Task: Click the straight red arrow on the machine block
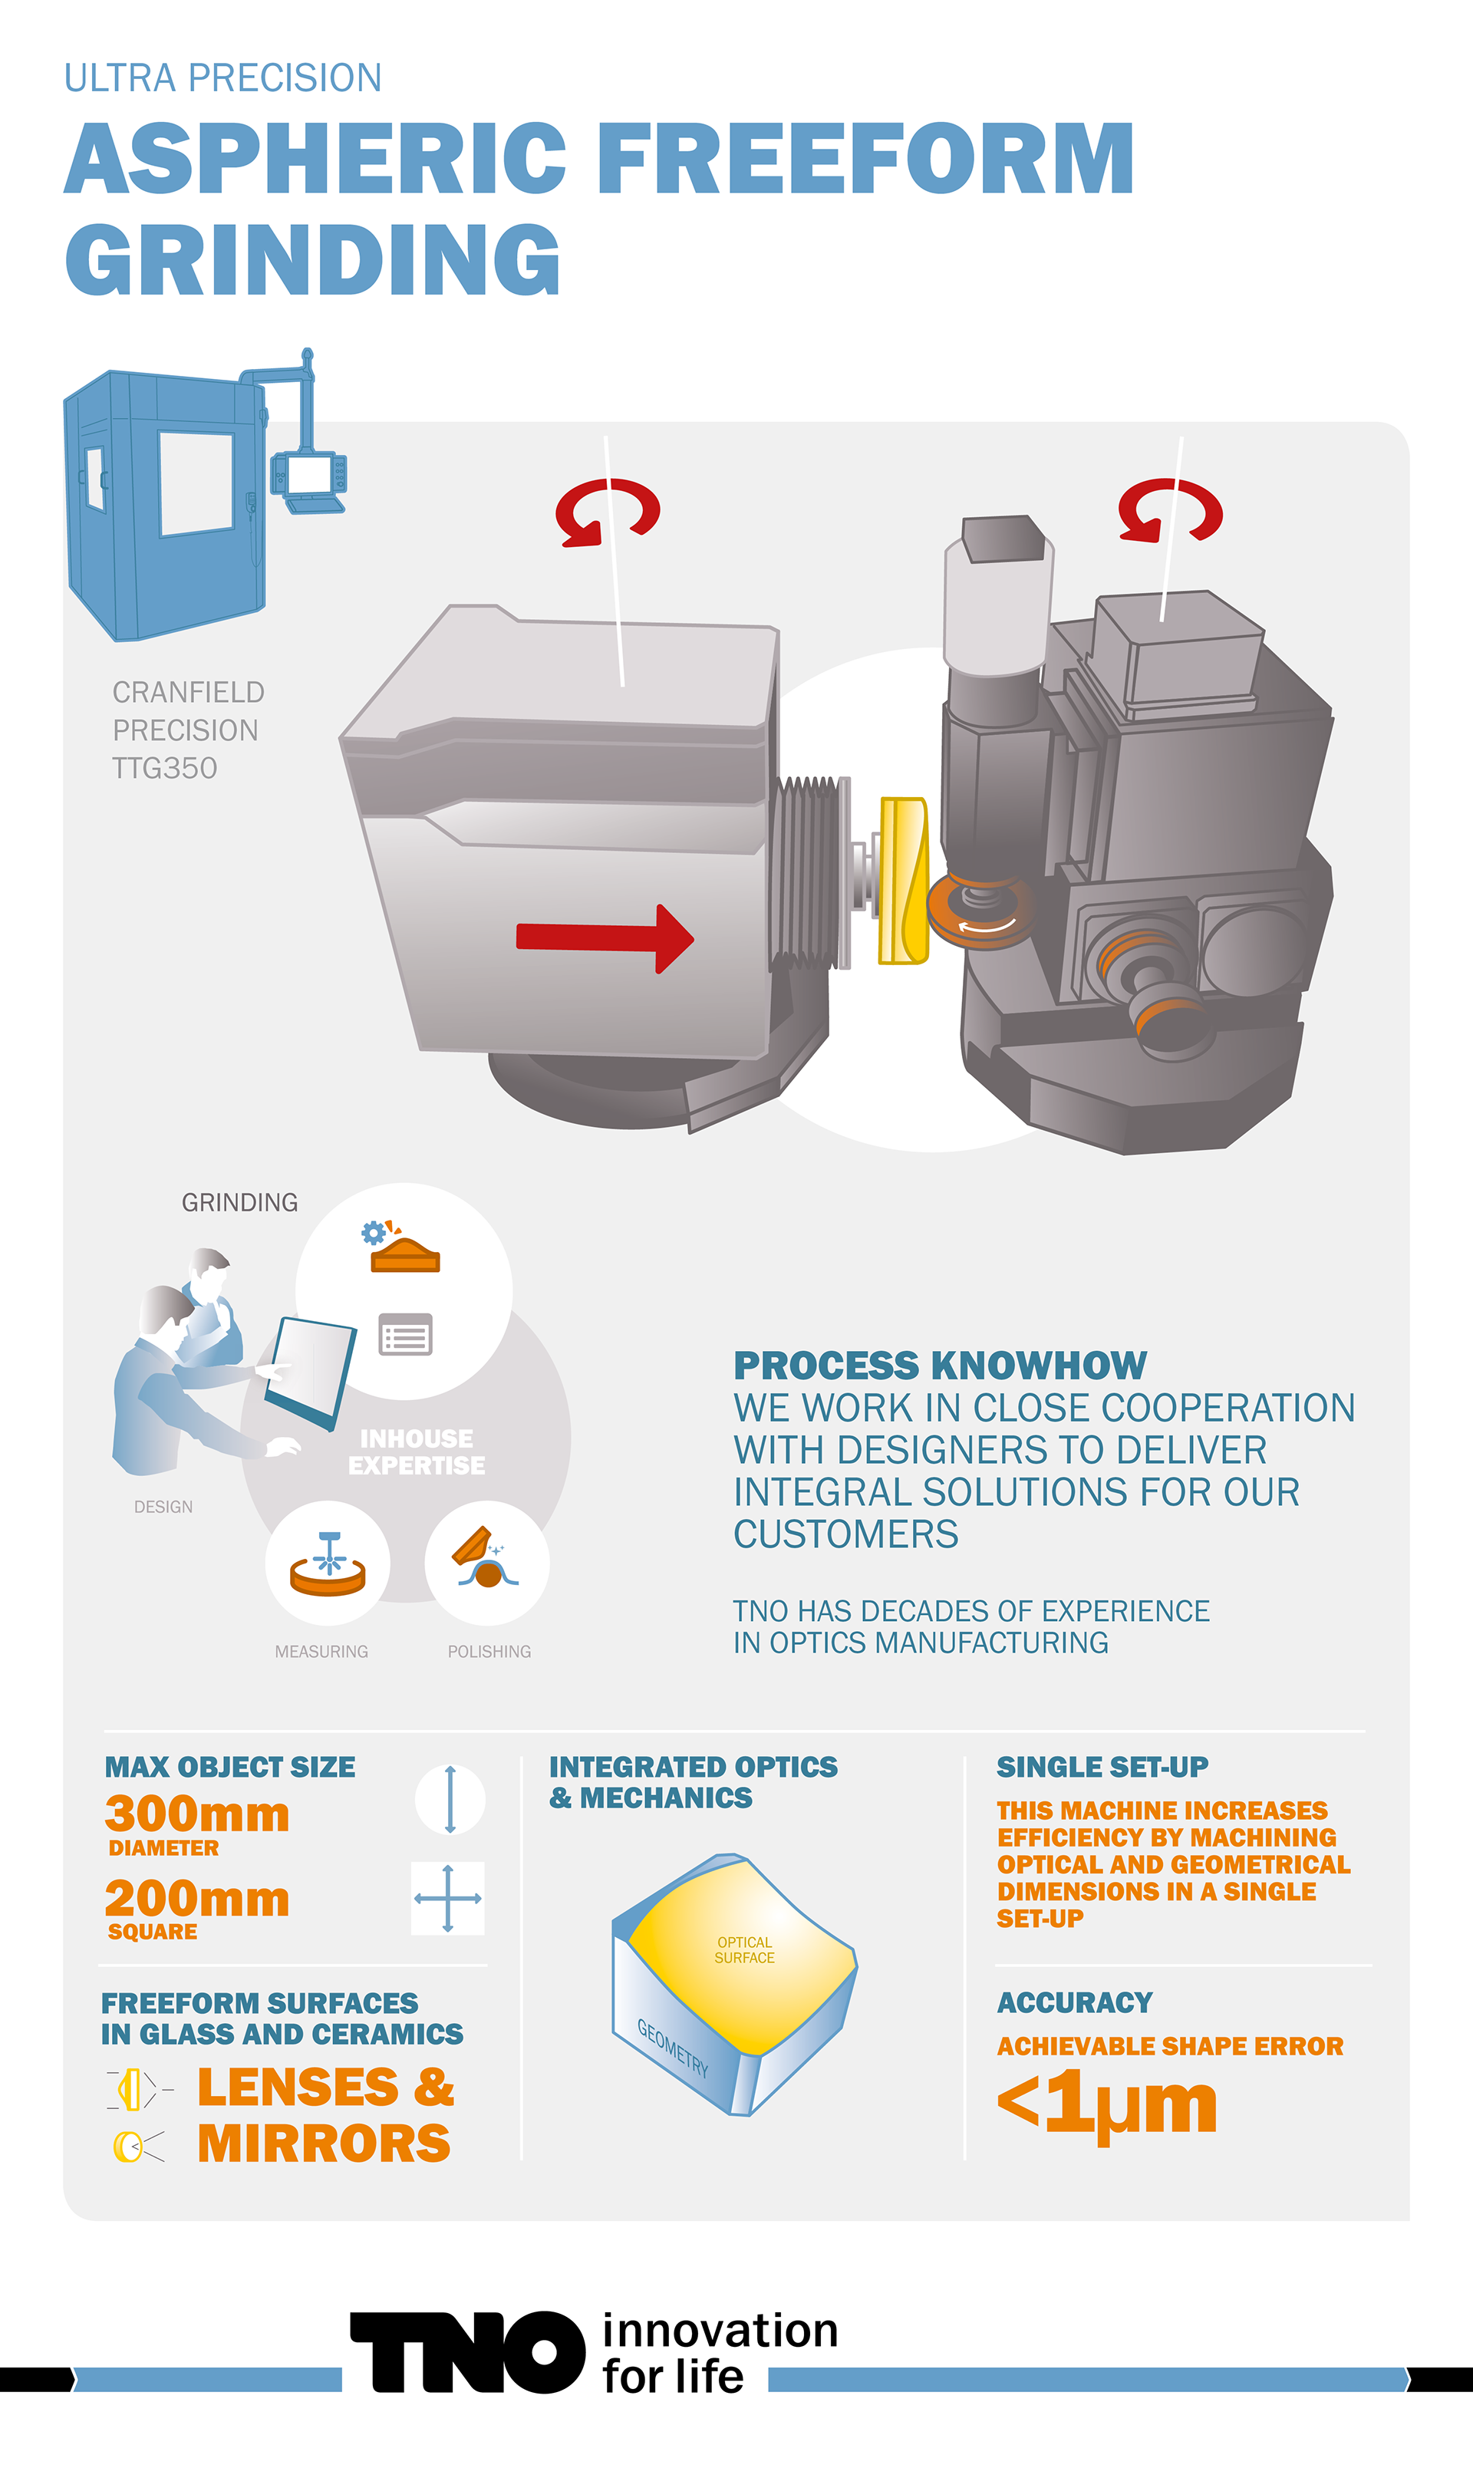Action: coord(604,937)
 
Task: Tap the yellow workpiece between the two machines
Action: coord(903,880)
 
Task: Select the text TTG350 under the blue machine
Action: coord(165,768)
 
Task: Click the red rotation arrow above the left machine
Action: coord(607,512)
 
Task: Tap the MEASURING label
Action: coord(321,1651)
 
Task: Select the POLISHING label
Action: coord(489,1651)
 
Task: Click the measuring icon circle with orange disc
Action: coord(328,1563)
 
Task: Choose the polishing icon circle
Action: coord(486,1563)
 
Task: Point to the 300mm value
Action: coord(197,1814)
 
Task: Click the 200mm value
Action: coord(197,1900)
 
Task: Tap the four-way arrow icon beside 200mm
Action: coord(448,1899)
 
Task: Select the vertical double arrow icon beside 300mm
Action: coord(450,1799)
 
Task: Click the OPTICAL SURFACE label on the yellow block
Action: coord(744,1950)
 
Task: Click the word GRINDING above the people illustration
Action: coord(239,1203)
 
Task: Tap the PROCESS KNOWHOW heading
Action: coord(940,1366)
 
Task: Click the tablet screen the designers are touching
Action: coord(310,1372)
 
